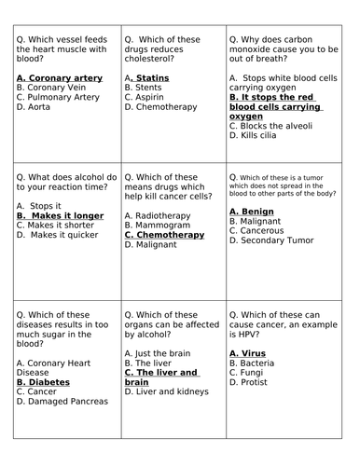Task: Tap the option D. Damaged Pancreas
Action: (66, 402)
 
